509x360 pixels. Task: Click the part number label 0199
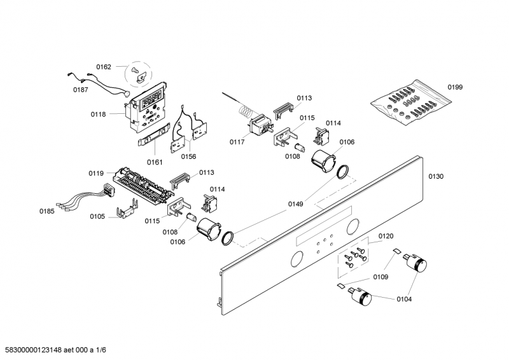pyautogui.click(x=455, y=87)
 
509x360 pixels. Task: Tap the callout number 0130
pyautogui.click(x=436, y=176)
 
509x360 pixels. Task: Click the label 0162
pyautogui.click(x=104, y=67)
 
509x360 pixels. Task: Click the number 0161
pyautogui.click(x=155, y=162)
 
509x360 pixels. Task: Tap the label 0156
pyautogui.click(x=188, y=156)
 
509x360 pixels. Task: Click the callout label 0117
pyautogui.click(x=237, y=142)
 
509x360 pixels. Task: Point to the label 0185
pyautogui.click(x=47, y=211)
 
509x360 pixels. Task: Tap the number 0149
pyautogui.click(x=295, y=204)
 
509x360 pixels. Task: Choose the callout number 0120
pyautogui.click(x=386, y=237)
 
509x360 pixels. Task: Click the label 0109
pyautogui.click(x=380, y=277)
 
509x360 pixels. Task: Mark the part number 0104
pyautogui.click(x=404, y=298)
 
